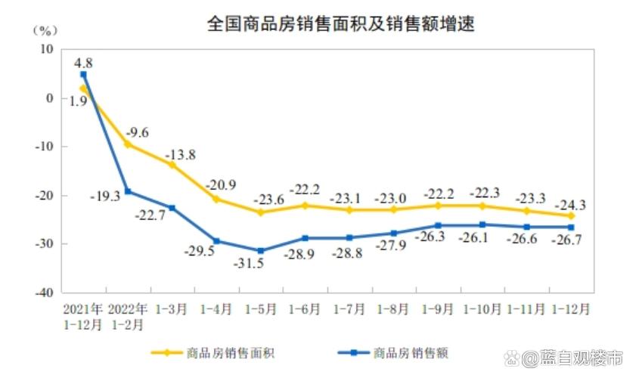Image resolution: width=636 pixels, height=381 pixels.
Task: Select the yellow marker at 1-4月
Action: tap(216, 199)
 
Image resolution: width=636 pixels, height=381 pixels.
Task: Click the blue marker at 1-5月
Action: tap(261, 250)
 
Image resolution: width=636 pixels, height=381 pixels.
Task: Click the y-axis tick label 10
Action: tap(46, 49)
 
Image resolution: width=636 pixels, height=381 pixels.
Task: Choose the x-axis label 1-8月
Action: tap(393, 309)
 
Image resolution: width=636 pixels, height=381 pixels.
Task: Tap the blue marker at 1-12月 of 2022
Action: tap(571, 227)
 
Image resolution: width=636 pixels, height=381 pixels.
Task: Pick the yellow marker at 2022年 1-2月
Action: tap(128, 144)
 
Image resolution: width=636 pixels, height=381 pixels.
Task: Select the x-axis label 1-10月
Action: tap(482, 309)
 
